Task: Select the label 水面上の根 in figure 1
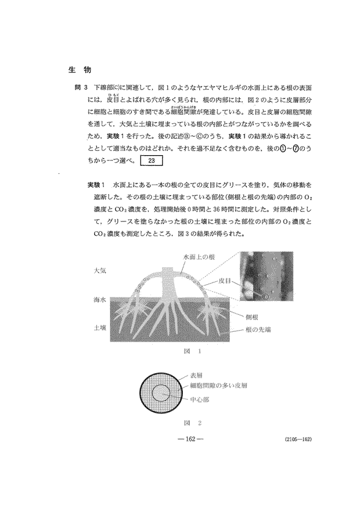pyautogui.click(x=199, y=256)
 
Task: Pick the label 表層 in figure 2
pyautogui.click(x=197, y=377)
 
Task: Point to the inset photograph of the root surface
pyautogui.click(x=266, y=277)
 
